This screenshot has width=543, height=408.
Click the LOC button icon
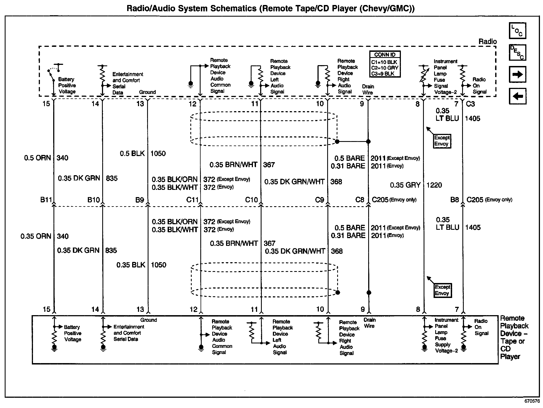(517, 30)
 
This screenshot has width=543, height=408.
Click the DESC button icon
(517, 53)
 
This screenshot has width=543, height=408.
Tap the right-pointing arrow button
(517, 74)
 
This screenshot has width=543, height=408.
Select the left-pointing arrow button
(517, 96)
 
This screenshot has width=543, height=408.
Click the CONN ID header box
(385, 55)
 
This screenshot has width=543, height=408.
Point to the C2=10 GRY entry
(385, 68)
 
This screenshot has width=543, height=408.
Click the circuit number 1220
(434, 185)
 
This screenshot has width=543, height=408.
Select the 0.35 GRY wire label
(405, 185)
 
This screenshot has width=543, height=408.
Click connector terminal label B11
(46, 200)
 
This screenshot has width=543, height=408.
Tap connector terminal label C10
(251, 200)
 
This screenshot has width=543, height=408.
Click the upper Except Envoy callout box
(442, 141)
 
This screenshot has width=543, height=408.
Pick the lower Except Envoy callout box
(442, 290)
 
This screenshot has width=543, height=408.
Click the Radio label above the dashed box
(488, 42)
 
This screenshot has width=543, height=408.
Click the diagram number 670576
(532, 401)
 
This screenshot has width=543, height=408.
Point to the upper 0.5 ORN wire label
(37, 158)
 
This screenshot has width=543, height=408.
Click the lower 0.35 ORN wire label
(36, 236)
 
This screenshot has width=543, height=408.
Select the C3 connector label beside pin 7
(470, 104)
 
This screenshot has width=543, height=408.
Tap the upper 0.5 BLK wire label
(132, 154)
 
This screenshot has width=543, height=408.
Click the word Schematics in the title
(233, 8)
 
